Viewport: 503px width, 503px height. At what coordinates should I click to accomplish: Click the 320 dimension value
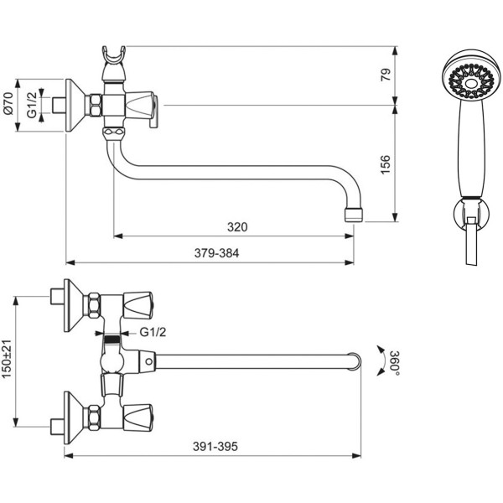click(238, 226)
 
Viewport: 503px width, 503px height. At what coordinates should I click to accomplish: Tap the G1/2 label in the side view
click(31, 105)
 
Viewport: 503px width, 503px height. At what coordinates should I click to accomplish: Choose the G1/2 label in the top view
click(151, 333)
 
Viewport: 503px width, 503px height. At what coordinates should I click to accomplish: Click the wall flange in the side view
click(75, 105)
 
